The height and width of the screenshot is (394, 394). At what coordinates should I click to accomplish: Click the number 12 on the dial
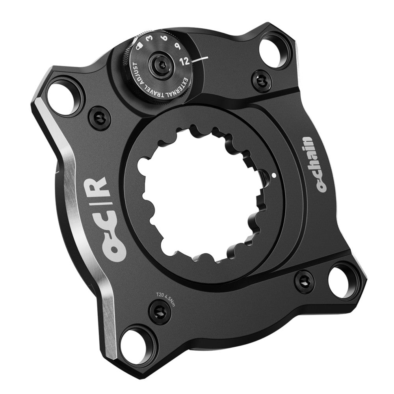185,61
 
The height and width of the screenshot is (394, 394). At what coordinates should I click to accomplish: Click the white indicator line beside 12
201,59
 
